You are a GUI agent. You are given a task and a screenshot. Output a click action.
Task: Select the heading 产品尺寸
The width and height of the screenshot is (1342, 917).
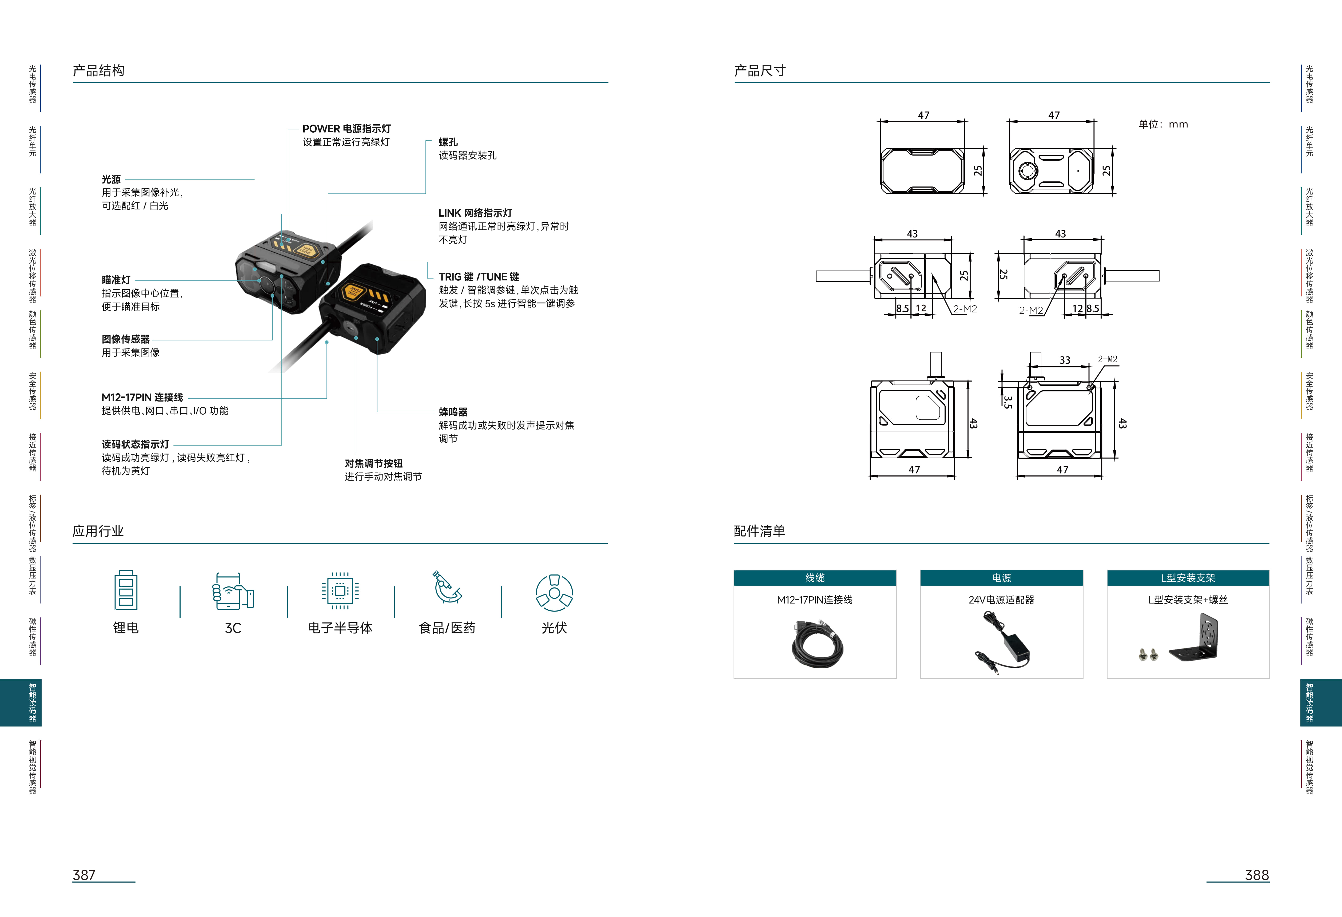click(x=760, y=70)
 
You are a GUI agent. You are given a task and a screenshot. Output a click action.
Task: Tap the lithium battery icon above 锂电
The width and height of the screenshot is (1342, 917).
click(x=126, y=590)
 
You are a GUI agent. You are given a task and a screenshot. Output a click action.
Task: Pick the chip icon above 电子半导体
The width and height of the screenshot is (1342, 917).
click(x=340, y=591)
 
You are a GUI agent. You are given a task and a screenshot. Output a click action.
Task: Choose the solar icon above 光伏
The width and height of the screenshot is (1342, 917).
click(x=554, y=593)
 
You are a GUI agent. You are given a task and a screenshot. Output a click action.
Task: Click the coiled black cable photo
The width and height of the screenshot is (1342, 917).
click(x=817, y=644)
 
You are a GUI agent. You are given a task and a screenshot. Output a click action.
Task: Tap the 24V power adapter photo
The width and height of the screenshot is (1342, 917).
click(x=1002, y=642)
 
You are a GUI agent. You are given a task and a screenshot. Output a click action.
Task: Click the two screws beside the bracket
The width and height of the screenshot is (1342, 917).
click(x=1148, y=654)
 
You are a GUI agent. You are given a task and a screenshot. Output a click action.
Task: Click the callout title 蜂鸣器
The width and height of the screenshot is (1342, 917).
click(x=453, y=412)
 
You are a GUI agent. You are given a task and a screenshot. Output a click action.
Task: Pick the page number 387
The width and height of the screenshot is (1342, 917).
click(x=84, y=875)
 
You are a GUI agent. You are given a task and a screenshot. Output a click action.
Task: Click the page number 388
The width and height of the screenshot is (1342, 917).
click(x=1257, y=875)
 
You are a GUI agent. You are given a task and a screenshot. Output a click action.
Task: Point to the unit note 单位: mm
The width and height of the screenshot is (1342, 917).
click(x=1163, y=124)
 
